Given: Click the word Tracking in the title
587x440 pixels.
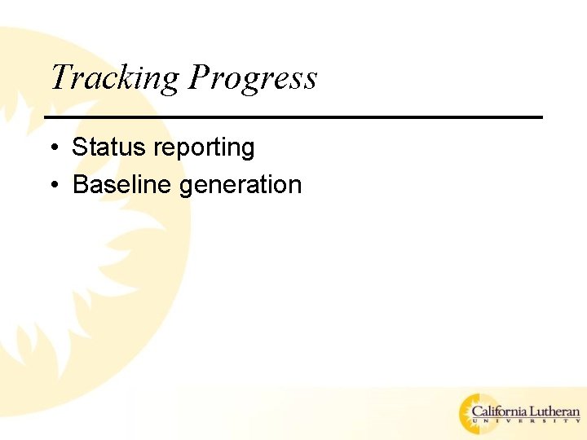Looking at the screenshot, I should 114,79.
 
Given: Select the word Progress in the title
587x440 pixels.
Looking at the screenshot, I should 253,79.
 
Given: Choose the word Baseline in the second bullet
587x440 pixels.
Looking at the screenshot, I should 122,185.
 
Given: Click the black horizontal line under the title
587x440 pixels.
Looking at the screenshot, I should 293,117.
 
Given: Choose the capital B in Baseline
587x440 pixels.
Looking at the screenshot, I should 81,185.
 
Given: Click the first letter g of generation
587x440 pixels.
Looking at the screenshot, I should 186,187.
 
